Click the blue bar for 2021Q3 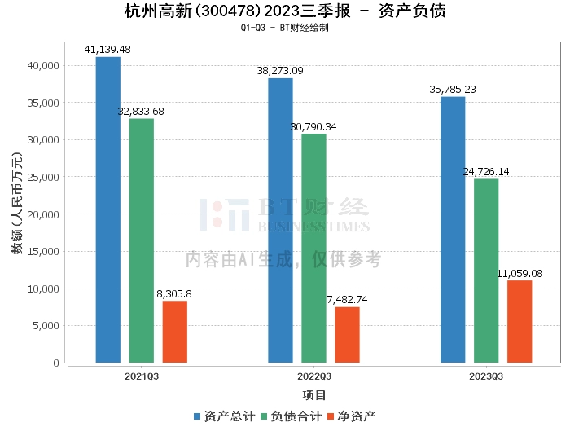(x=107, y=209)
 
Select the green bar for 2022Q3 (x=313, y=248)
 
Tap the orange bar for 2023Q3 (x=520, y=321)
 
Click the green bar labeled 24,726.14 (x=486, y=271)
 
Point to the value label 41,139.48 (x=107, y=50)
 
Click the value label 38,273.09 (x=280, y=71)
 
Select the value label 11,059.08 (x=520, y=274)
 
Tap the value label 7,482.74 (x=347, y=300)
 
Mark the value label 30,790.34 (x=313, y=126)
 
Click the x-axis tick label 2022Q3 (x=313, y=376)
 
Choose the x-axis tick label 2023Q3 (x=486, y=376)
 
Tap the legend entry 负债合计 (x=295, y=416)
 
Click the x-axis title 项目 (x=313, y=395)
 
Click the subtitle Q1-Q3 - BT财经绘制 (x=284, y=27)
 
